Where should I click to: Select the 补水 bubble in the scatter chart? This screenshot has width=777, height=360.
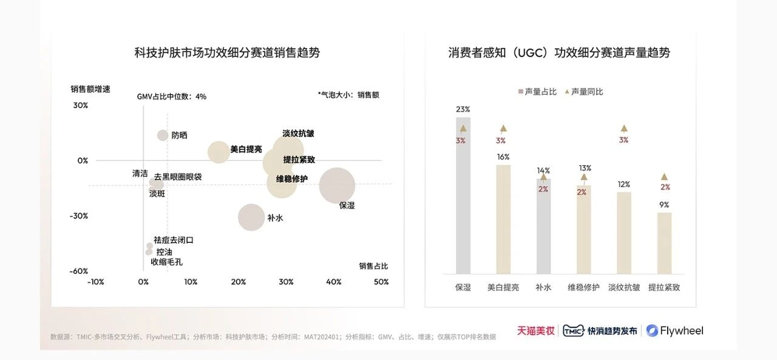(x=251, y=217)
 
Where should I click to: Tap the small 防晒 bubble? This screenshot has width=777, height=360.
(x=163, y=135)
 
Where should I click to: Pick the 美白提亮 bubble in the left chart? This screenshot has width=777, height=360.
(x=219, y=152)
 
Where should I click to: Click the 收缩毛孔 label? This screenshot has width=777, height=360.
(x=166, y=262)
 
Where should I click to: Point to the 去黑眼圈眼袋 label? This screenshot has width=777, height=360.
(x=177, y=177)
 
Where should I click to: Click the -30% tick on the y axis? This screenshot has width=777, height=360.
(x=79, y=216)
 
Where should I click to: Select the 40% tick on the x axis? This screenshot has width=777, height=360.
(x=333, y=282)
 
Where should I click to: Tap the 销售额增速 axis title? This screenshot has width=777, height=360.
(x=90, y=89)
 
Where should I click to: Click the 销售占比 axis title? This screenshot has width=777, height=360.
(x=373, y=266)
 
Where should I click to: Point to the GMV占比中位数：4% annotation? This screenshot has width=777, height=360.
(x=171, y=96)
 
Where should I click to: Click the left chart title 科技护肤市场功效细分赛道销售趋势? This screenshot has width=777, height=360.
(x=227, y=53)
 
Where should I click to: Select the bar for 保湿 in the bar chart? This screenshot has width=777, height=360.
(x=463, y=200)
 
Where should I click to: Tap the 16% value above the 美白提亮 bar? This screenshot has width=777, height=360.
(x=503, y=157)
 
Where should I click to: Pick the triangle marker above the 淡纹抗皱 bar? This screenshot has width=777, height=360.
(x=624, y=129)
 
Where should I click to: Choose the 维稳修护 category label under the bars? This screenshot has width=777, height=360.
(x=583, y=287)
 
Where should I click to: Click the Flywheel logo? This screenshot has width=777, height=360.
(x=674, y=331)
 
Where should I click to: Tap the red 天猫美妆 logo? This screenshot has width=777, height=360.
(x=535, y=331)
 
